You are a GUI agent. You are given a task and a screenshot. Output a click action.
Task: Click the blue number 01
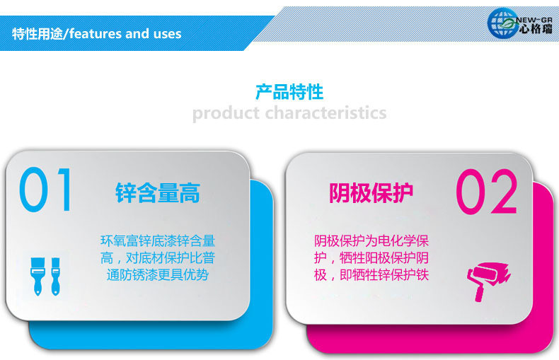(45, 190)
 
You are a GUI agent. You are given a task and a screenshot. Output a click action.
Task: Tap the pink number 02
(486, 192)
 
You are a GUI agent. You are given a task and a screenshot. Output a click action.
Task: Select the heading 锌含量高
(158, 193)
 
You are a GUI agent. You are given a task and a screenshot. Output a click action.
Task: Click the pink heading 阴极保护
(371, 193)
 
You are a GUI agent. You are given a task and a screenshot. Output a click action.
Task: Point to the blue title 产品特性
(289, 92)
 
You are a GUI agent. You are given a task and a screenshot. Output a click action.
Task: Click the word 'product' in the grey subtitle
(226, 114)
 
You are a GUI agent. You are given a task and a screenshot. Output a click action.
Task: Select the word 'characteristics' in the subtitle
(325, 113)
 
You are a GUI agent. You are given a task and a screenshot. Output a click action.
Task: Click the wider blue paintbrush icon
(38, 277)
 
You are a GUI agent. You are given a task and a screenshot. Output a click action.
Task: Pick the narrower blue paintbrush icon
(55, 277)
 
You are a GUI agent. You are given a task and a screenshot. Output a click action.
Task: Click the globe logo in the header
(502, 23)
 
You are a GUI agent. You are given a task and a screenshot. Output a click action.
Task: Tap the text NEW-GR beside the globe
(534, 20)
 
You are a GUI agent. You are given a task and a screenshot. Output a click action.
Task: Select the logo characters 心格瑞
(536, 29)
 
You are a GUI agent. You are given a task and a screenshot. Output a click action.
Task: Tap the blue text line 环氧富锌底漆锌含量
(158, 241)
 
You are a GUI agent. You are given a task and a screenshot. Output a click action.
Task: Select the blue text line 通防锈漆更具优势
(158, 275)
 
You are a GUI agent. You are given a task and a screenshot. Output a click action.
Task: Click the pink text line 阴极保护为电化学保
(371, 241)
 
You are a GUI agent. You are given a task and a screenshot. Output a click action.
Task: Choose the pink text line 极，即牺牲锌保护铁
(371, 275)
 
